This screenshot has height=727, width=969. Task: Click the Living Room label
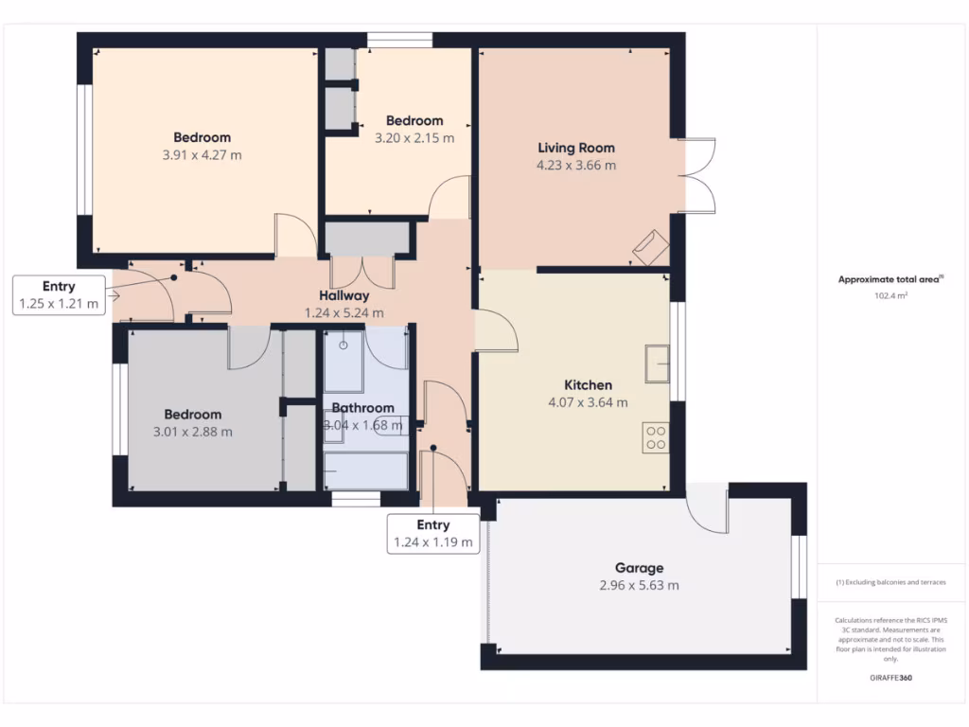(x=576, y=148)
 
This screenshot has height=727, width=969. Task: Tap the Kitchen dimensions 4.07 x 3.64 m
(x=588, y=402)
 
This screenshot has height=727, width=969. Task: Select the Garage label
(x=639, y=568)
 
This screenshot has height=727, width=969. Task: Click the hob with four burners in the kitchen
(x=655, y=437)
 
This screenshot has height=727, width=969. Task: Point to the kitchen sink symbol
(x=658, y=363)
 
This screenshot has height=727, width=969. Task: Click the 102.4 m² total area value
(x=890, y=295)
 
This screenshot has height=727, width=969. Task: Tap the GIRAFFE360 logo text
(x=890, y=678)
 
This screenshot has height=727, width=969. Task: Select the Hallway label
(x=344, y=295)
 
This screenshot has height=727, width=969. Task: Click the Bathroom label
(x=362, y=408)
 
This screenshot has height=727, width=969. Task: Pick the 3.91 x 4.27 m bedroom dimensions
(x=202, y=154)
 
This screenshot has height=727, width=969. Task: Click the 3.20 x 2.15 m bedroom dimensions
(x=414, y=137)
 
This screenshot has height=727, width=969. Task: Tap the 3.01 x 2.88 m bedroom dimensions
(x=193, y=432)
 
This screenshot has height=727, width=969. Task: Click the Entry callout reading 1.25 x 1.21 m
(x=59, y=294)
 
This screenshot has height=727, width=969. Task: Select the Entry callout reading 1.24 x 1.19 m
(x=432, y=534)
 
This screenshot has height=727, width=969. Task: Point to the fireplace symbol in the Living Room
(x=650, y=247)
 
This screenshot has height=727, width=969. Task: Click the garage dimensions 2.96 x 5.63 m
(x=639, y=585)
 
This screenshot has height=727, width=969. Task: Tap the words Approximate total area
(x=888, y=279)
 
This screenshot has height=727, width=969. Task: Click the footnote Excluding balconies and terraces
(x=890, y=582)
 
